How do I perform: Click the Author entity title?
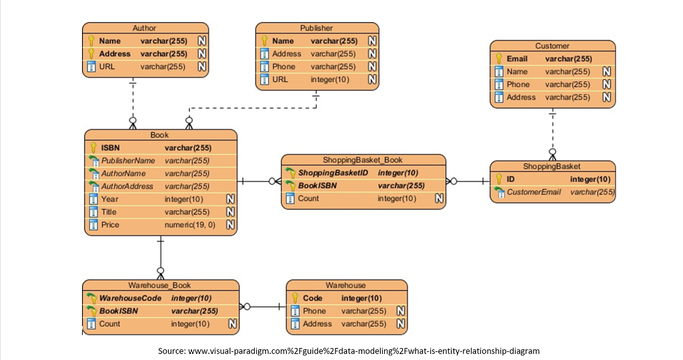[x=145, y=28]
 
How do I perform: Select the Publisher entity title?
[x=316, y=28]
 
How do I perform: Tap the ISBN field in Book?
[x=111, y=147]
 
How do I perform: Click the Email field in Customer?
[x=517, y=59]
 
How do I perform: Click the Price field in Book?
[x=110, y=225]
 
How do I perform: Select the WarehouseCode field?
[x=130, y=298]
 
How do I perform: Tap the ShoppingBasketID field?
[x=333, y=173]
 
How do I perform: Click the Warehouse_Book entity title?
[x=159, y=285]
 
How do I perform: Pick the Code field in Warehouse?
[x=312, y=298]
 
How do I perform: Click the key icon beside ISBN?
[x=93, y=147]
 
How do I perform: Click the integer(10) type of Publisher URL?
[x=329, y=79]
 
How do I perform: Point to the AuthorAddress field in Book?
[x=127, y=186]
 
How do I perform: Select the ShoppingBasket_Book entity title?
[x=362, y=160]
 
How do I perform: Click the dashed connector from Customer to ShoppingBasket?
[x=552, y=130]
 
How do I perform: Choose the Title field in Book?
[x=109, y=212]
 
